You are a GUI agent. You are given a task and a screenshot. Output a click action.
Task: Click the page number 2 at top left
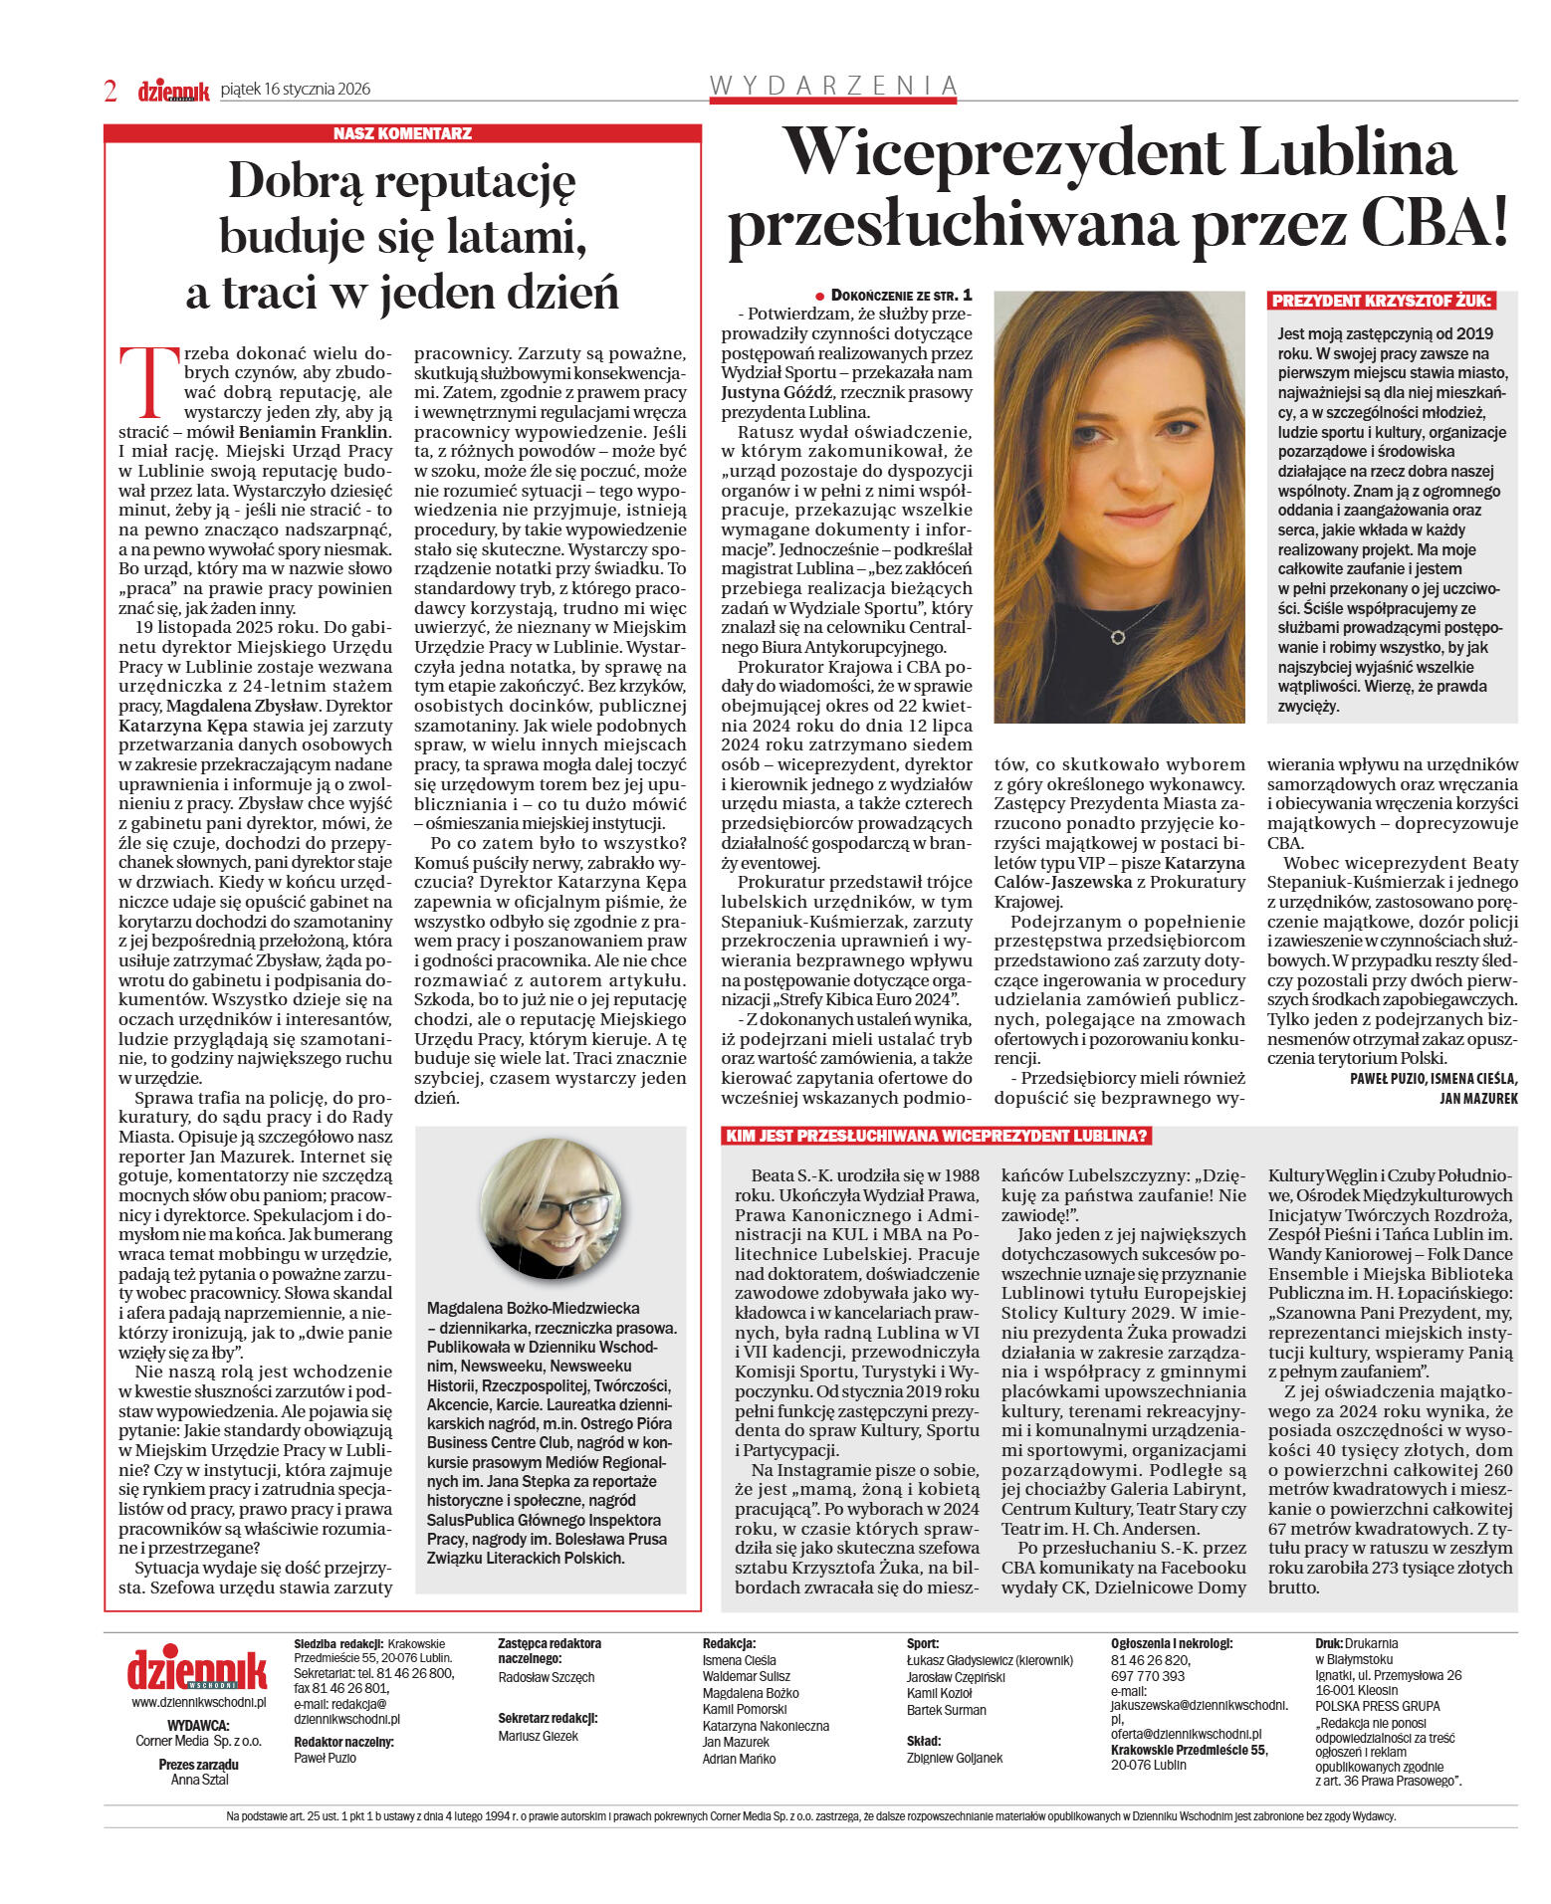111,91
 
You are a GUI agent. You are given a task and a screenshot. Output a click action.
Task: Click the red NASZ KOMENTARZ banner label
402,133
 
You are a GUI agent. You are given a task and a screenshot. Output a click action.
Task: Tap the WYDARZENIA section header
833,87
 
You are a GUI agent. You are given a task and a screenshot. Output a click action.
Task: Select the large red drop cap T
141,380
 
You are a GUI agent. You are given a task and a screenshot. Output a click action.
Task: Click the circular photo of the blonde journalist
551,1209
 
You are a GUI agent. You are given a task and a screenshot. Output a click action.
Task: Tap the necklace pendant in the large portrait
1118,636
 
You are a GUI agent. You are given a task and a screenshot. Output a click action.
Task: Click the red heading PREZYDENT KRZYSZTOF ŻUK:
1382,301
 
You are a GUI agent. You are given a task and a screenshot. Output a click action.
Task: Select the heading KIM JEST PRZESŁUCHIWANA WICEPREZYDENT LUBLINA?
937,1137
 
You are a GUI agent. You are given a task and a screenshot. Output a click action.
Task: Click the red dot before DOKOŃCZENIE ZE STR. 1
820,297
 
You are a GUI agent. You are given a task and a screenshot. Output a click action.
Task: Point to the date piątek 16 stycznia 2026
296,89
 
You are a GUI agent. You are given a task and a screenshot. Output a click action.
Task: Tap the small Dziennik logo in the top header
173,92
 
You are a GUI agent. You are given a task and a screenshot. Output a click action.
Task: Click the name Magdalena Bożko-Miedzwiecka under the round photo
533,1308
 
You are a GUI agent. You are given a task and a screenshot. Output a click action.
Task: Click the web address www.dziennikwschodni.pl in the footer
198,1702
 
